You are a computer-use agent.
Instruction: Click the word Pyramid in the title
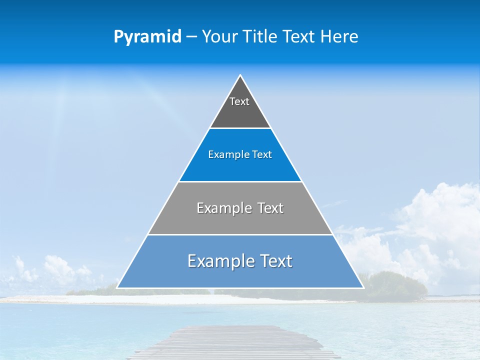click(147, 37)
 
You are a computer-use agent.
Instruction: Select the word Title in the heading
click(262, 36)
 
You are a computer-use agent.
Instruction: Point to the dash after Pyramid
click(191, 37)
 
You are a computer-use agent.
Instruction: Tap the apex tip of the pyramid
click(240, 75)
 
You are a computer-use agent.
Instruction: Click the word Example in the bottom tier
click(219, 261)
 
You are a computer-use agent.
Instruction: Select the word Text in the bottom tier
click(274, 261)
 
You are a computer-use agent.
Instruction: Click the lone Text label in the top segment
click(239, 101)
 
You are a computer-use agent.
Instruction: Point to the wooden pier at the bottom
click(235, 342)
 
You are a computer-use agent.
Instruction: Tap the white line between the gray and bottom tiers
click(240, 234)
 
